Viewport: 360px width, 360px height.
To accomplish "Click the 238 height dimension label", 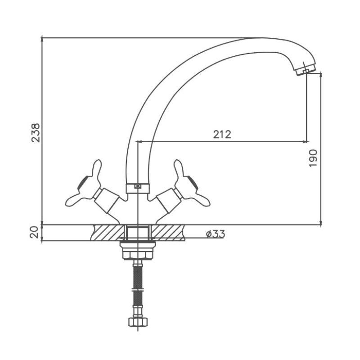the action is tap(36, 133).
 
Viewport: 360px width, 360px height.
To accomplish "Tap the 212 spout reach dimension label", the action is tap(222, 135).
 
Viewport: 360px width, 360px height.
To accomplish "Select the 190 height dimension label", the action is tap(313, 158).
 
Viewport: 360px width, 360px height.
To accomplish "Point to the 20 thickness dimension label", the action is tap(34, 232).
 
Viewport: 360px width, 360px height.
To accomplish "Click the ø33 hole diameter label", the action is tap(216, 234).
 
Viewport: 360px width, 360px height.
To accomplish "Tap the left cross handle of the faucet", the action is tap(85, 184).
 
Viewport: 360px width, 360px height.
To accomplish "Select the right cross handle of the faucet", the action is tap(190, 184).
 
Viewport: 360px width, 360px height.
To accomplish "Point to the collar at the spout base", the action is tap(138, 189).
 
